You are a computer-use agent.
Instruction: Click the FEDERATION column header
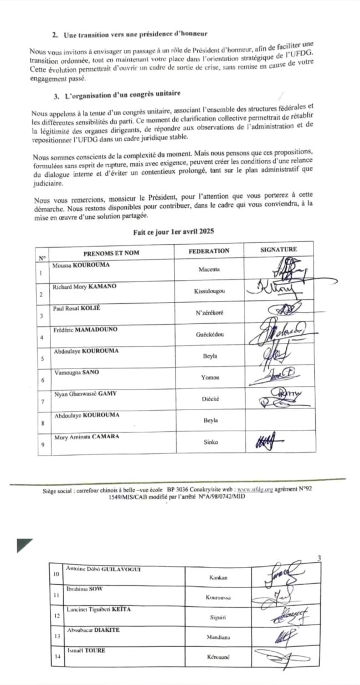click(208, 251)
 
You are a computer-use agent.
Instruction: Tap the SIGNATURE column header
click(279, 250)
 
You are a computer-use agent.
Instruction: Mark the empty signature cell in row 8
click(280, 420)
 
